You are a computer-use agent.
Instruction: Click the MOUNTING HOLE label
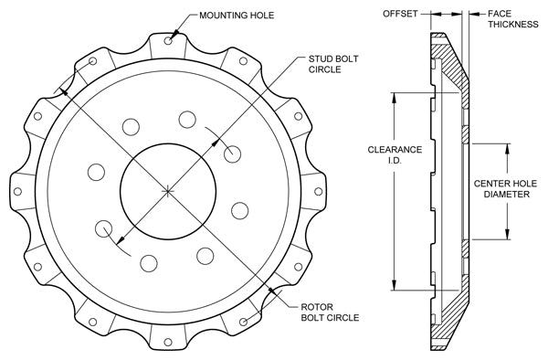click(237, 16)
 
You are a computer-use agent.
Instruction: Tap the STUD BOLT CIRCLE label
click(333, 64)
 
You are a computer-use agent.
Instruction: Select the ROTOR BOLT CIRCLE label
click(330, 312)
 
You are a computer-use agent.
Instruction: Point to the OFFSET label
click(400, 14)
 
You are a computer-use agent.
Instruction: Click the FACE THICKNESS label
click(513, 19)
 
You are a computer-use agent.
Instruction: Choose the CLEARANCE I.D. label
click(395, 154)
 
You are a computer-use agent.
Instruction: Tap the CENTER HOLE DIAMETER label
click(505, 189)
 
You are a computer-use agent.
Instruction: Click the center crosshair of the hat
click(168, 191)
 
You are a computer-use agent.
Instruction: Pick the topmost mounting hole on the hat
click(168, 41)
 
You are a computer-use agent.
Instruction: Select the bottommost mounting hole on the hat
click(168, 342)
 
